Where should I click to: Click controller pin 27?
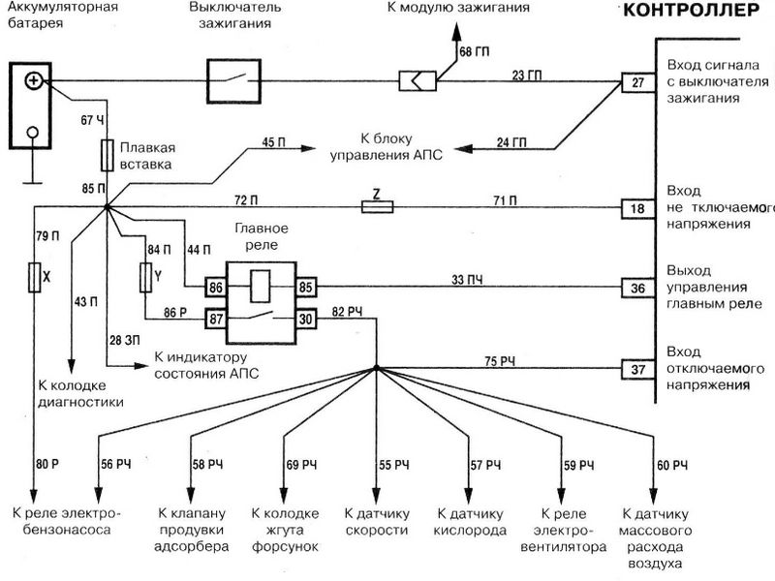(636, 82)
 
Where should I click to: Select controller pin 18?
(636, 207)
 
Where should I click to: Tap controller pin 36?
(636, 288)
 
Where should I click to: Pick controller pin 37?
(636, 369)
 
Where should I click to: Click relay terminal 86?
(214, 287)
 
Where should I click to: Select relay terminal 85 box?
(305, 287)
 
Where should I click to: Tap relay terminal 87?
(214, 317)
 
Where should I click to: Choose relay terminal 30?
(305, 317)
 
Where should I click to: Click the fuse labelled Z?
(376, 206)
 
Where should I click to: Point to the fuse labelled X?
(36, 279)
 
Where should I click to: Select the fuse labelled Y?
(146, 280)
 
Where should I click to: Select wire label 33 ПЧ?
(467, 279)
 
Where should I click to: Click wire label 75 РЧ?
(502, 361)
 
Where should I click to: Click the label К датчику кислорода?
(472, 521)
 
